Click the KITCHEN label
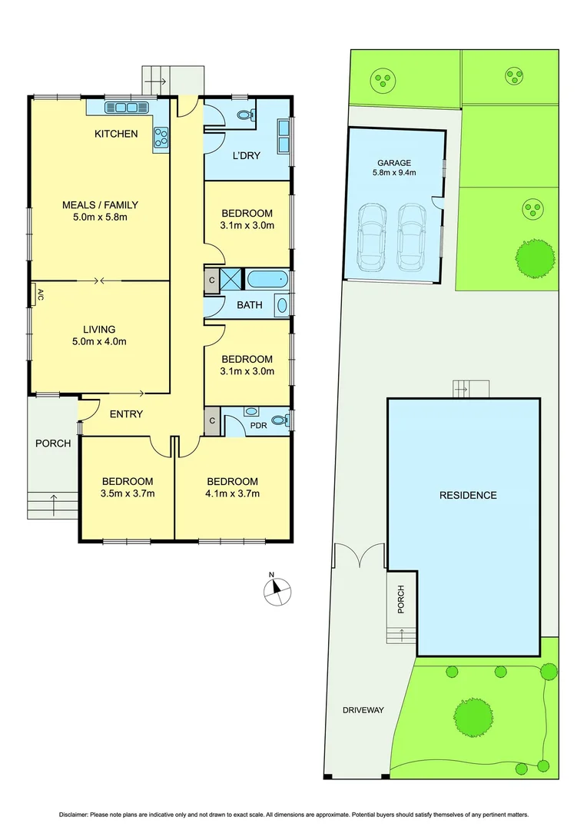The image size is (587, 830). tap(116, 134)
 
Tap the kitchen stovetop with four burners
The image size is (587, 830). tap(162, 137)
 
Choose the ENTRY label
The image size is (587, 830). tap(126, 414)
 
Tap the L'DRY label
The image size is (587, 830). tap(246, 155)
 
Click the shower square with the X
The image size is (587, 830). tap(230, 279)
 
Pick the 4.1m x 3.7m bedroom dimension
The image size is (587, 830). tap(232, 493)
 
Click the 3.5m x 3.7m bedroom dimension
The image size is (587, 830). tap(128, 493)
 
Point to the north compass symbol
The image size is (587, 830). tap(276, 591)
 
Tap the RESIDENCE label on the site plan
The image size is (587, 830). tap(468, 495)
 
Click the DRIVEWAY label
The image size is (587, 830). tap(363, 710)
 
